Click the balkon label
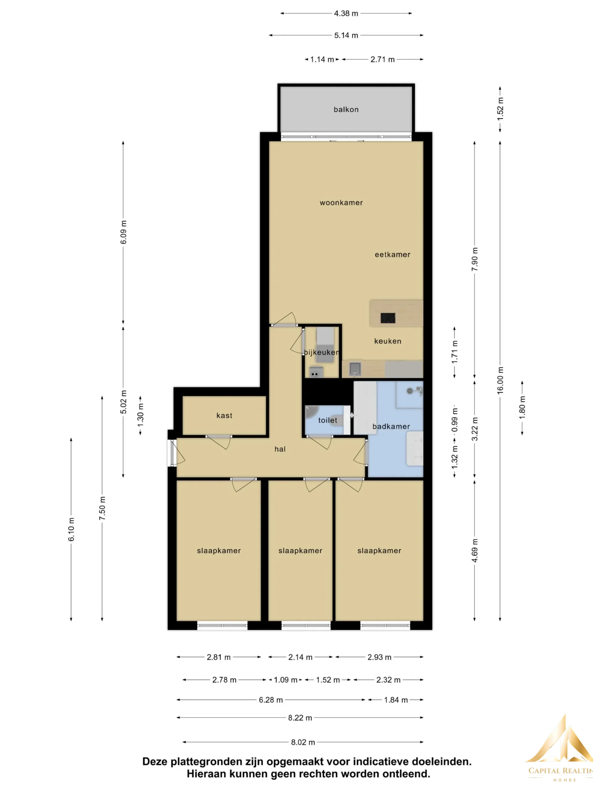click(346, 110)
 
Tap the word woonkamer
click(341, 203)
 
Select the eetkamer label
click(393, 255)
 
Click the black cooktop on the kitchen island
click(388, 318)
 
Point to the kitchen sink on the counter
click(355, 368)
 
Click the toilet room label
click(328, 420)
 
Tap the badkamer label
click(391, 426)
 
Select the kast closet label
click(225, 415)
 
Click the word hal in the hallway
click(280, 449)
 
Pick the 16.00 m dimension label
click(500, 380)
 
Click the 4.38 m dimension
click(346, 14)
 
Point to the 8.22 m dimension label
click(300, 718)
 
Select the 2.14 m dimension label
click(300, 657)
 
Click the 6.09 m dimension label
click(123, 232)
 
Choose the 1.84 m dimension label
click(396, 700)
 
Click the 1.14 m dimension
click(322, 60)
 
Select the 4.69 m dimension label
click(475, 550)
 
